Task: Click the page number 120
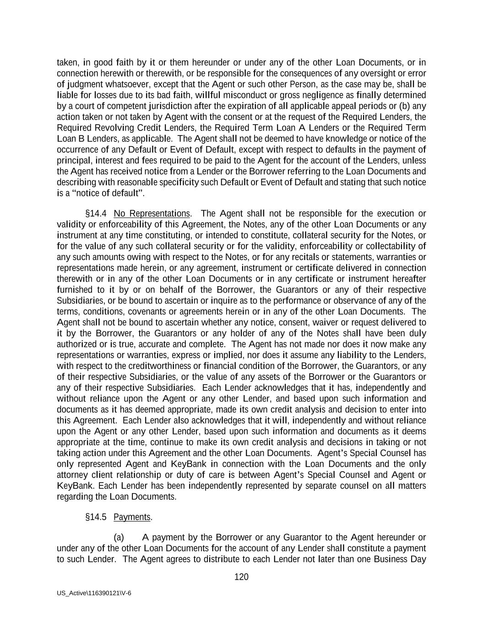[x=241, y=577]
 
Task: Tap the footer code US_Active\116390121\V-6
[x=94, y=593]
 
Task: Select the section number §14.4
[x=96, y=213]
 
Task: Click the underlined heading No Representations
[x=152, y=213]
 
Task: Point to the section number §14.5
[x=96, y=517]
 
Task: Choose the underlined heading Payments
[x=132, y=517]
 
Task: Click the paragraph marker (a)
[x=119, y=537]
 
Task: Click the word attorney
[x=72, y=475]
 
